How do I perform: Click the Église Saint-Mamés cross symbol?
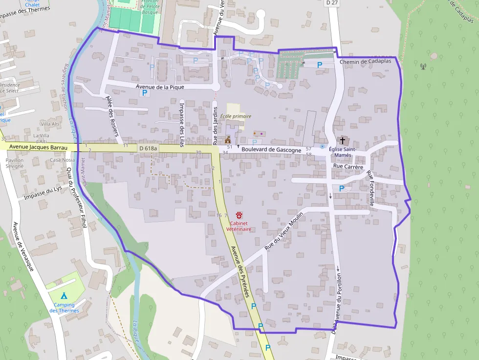point(342,140)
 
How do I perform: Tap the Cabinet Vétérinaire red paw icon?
point(239,215)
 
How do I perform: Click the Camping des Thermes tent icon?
point(64,295)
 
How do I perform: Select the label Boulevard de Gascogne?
point(271,150)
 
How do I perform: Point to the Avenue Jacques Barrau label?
point(38,147)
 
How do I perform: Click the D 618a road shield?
point(148,148)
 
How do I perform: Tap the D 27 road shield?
point(332,2)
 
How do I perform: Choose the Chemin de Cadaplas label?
point(365,62)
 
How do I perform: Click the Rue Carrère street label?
point(348,167)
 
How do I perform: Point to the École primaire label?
point(236,116)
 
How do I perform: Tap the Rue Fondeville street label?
point(371,189)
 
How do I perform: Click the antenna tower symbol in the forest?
point(423,65)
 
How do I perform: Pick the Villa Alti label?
point(50,124)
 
